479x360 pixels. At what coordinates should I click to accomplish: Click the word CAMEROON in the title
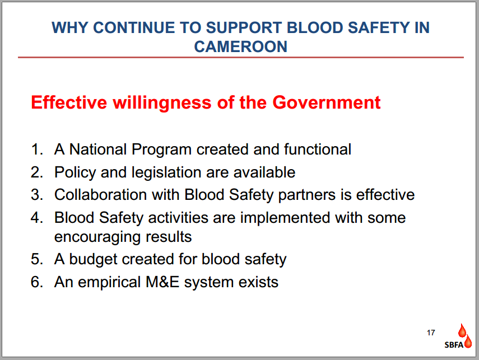[241, 46]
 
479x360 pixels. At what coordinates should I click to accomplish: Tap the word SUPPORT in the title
[244, 28]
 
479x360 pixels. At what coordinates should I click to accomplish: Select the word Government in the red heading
[326, 102]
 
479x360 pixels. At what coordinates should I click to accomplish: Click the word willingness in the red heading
[162, 103]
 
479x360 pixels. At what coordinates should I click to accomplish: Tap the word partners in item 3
[306, 195]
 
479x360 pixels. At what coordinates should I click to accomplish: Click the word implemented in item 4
[285, 218]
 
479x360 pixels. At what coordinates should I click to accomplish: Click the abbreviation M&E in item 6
[162, 282]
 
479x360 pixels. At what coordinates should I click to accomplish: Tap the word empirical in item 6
[109, 282]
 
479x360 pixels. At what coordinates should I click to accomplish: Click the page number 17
[431, 333]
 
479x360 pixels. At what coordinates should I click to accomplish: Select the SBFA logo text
[454, 345]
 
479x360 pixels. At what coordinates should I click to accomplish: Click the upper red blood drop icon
[462, 330]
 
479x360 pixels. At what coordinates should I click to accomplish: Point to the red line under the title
[241, 57]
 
